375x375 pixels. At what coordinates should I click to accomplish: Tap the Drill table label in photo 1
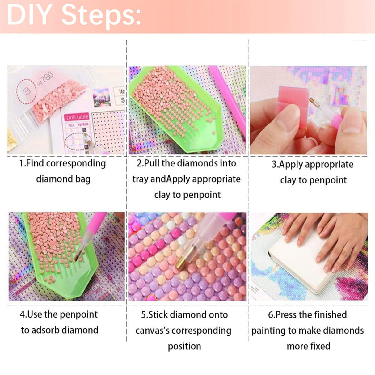point(77,117)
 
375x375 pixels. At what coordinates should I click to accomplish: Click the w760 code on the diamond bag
point(46,79)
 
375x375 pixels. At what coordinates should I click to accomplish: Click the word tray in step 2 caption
point(140,179)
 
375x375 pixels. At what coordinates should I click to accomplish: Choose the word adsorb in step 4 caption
point(49,330)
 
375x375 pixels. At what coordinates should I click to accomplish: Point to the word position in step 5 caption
point(184,346)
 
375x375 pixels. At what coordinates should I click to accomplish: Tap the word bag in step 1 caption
point(82,179)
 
